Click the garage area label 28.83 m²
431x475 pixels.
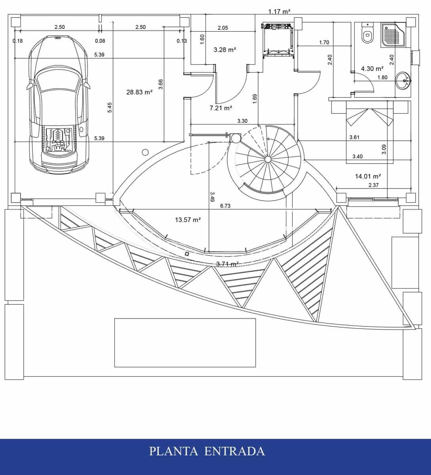[139, 92]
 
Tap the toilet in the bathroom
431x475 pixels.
[367, 33]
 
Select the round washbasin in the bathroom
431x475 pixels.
[403, 81]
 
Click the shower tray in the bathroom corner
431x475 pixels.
[393, 35]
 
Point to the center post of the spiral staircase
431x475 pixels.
[267, 159]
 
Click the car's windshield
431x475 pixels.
[58, 80]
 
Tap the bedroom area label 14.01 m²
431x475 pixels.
[368, 176]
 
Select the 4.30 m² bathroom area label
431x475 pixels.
[372, 68]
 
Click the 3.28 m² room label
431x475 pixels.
[225, 50]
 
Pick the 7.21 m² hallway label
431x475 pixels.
[221, 108]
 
